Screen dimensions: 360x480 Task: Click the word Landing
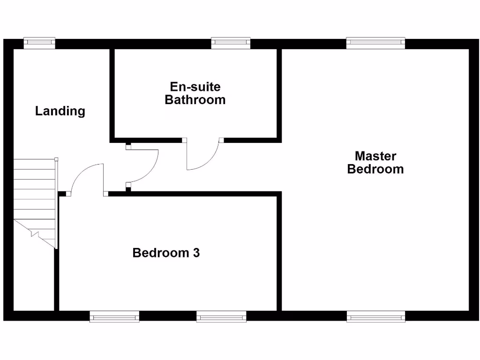point(60,111)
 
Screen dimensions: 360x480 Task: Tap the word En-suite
point(195,87)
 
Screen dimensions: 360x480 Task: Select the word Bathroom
point(195,100)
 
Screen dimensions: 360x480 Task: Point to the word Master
point(375,156)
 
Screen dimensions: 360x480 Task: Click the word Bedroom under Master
point(375,169)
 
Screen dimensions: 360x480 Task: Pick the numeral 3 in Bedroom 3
point(196,253)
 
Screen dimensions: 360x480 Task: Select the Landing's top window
point(39,43)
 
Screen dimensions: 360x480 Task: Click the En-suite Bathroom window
point(231,43)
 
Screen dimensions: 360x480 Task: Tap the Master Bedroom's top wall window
point(375,43)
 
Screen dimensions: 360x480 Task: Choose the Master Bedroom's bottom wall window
point(375,317)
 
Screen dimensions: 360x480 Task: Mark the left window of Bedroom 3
point(114,317)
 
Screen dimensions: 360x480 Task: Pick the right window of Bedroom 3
point(221,317)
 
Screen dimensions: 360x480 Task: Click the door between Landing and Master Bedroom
point(143,166)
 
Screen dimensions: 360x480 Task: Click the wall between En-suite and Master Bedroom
point(279,94)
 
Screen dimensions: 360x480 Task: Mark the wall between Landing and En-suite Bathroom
point(112,94)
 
